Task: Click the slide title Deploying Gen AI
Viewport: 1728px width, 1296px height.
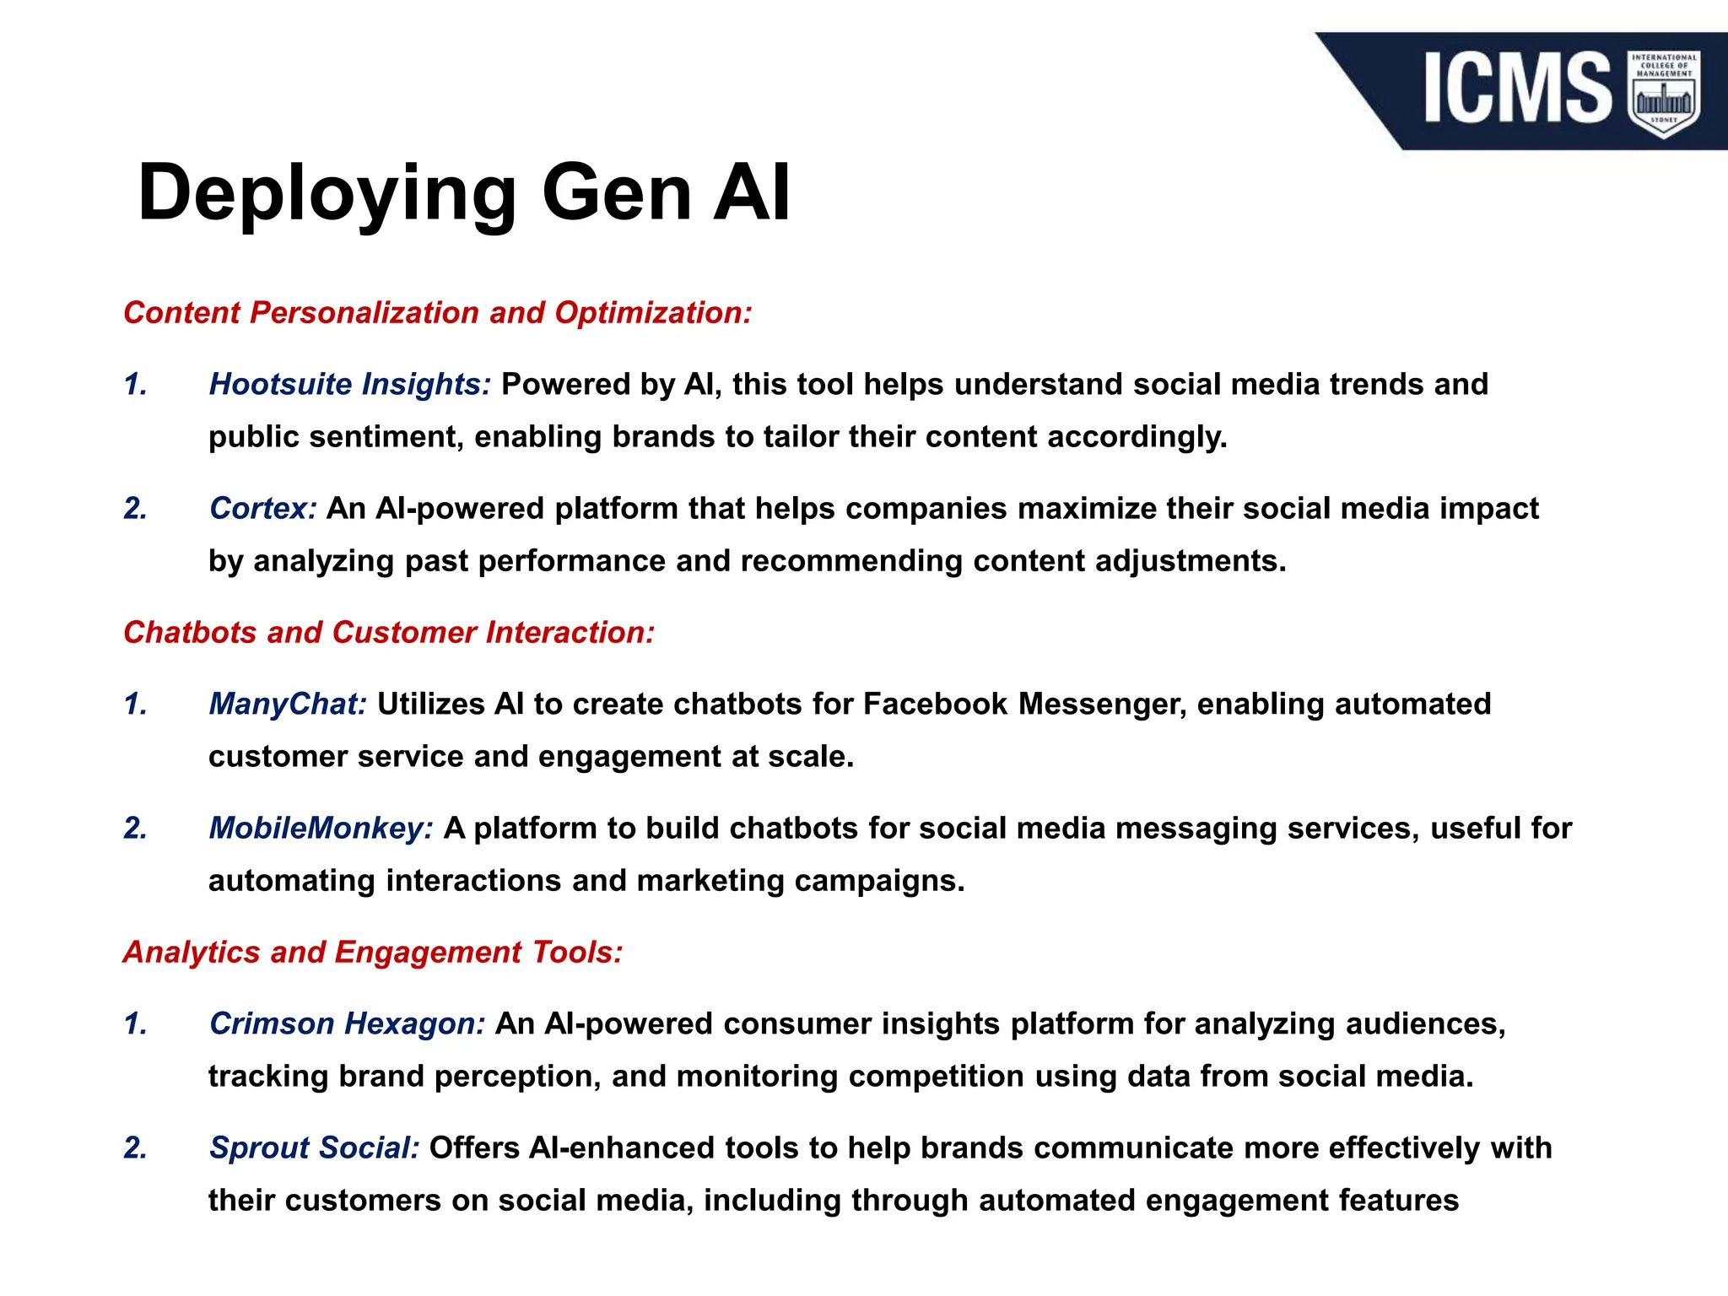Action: pos(464,192)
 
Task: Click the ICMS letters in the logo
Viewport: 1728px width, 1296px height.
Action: pos(1516,88)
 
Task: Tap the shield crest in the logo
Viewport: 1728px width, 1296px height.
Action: pos(1664,94)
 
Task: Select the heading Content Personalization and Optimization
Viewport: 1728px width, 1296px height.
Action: pos(437,313)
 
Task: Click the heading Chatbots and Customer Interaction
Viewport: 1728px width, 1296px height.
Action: pos(389,633)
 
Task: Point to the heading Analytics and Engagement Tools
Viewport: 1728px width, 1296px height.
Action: pos(373,953)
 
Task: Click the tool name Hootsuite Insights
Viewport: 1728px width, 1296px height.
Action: pos(349,385)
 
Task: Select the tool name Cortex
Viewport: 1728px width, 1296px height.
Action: pos(262,509)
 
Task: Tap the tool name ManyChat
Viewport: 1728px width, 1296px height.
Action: pos(288,705)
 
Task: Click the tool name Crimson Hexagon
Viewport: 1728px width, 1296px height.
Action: pos(347,1024)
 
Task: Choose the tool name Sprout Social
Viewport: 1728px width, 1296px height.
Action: pos(314,1148)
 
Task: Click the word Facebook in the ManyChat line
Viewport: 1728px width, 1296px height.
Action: pos(935,705)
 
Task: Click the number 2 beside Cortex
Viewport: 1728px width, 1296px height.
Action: pos(135,509)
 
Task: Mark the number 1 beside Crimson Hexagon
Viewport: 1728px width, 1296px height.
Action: pos(135,1024)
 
